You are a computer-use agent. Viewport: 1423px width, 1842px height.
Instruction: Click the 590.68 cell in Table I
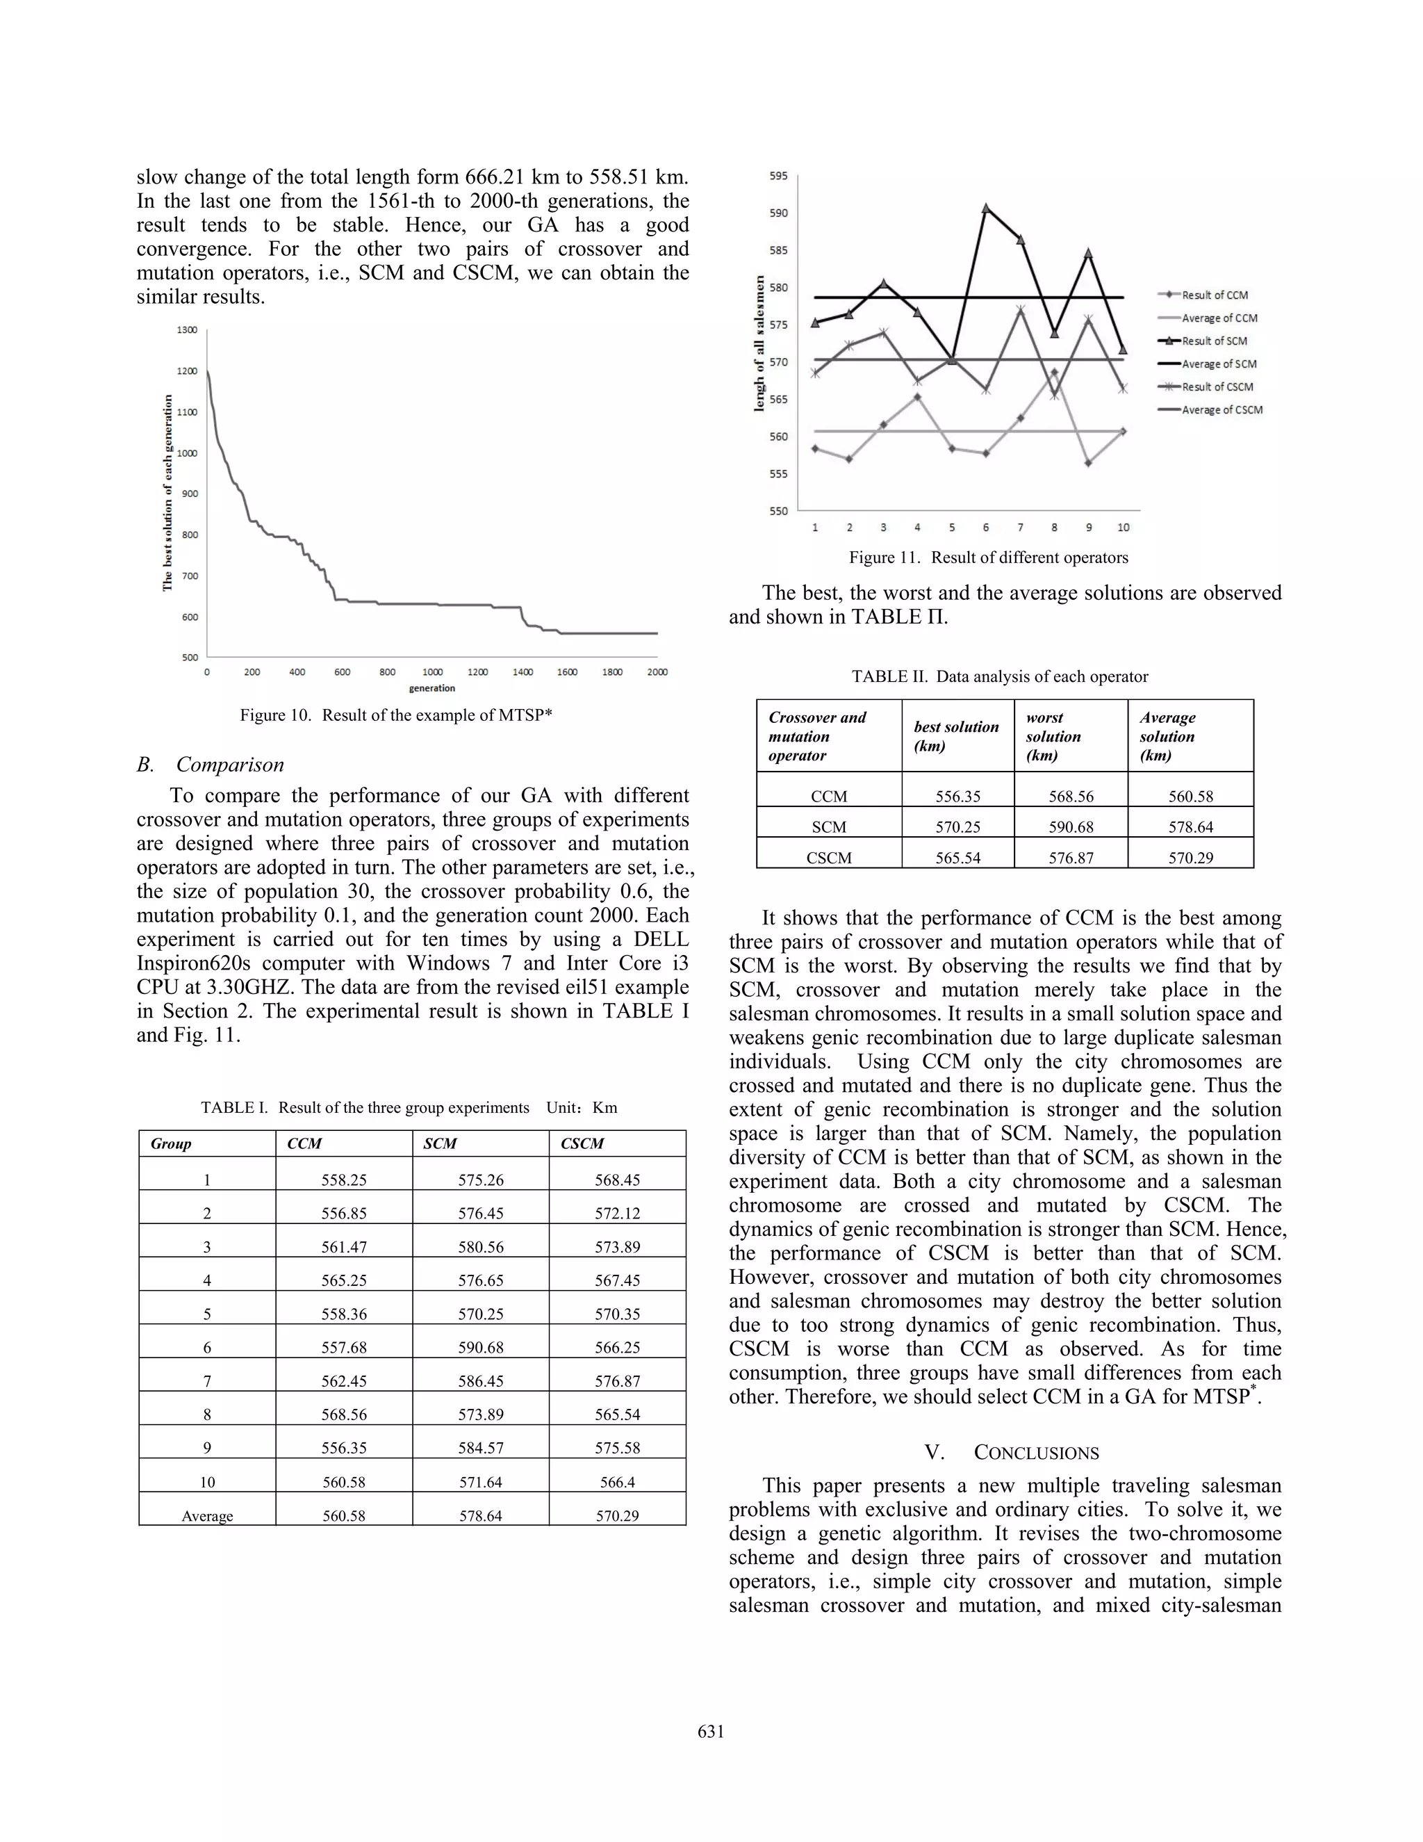point(482,1348)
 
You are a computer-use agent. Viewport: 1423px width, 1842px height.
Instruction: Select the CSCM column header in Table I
point(582,1143)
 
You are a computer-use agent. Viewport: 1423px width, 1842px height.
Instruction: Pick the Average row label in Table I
point(206,1515)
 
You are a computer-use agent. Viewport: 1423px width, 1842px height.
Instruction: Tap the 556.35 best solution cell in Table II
point(957,796)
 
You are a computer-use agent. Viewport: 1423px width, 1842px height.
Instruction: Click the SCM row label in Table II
point(829,827)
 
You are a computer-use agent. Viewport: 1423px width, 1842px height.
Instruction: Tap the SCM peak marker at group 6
point(985,207)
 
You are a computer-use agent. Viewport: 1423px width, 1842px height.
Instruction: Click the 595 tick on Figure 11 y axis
point(778,177)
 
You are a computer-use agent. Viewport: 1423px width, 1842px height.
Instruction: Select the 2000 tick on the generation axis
point(657,672)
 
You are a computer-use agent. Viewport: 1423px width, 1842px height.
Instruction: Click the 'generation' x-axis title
point(431,688)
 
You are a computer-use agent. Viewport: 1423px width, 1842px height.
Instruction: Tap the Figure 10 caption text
point(395,715)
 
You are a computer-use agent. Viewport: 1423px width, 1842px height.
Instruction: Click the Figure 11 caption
point(988,557)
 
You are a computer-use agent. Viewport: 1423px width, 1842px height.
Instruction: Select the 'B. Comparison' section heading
point(211,765)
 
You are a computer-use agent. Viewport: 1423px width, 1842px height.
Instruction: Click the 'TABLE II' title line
point(1000,676)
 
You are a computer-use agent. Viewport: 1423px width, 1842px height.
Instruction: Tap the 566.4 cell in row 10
point(617,1482)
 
